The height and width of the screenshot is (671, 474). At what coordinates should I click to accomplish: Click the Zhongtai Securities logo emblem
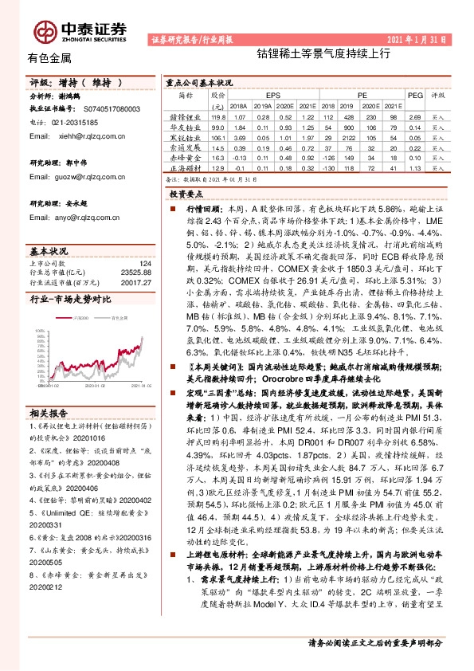41,31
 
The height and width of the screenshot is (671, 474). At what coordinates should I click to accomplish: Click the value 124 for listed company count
144,264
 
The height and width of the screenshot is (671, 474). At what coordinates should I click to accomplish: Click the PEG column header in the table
413,93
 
